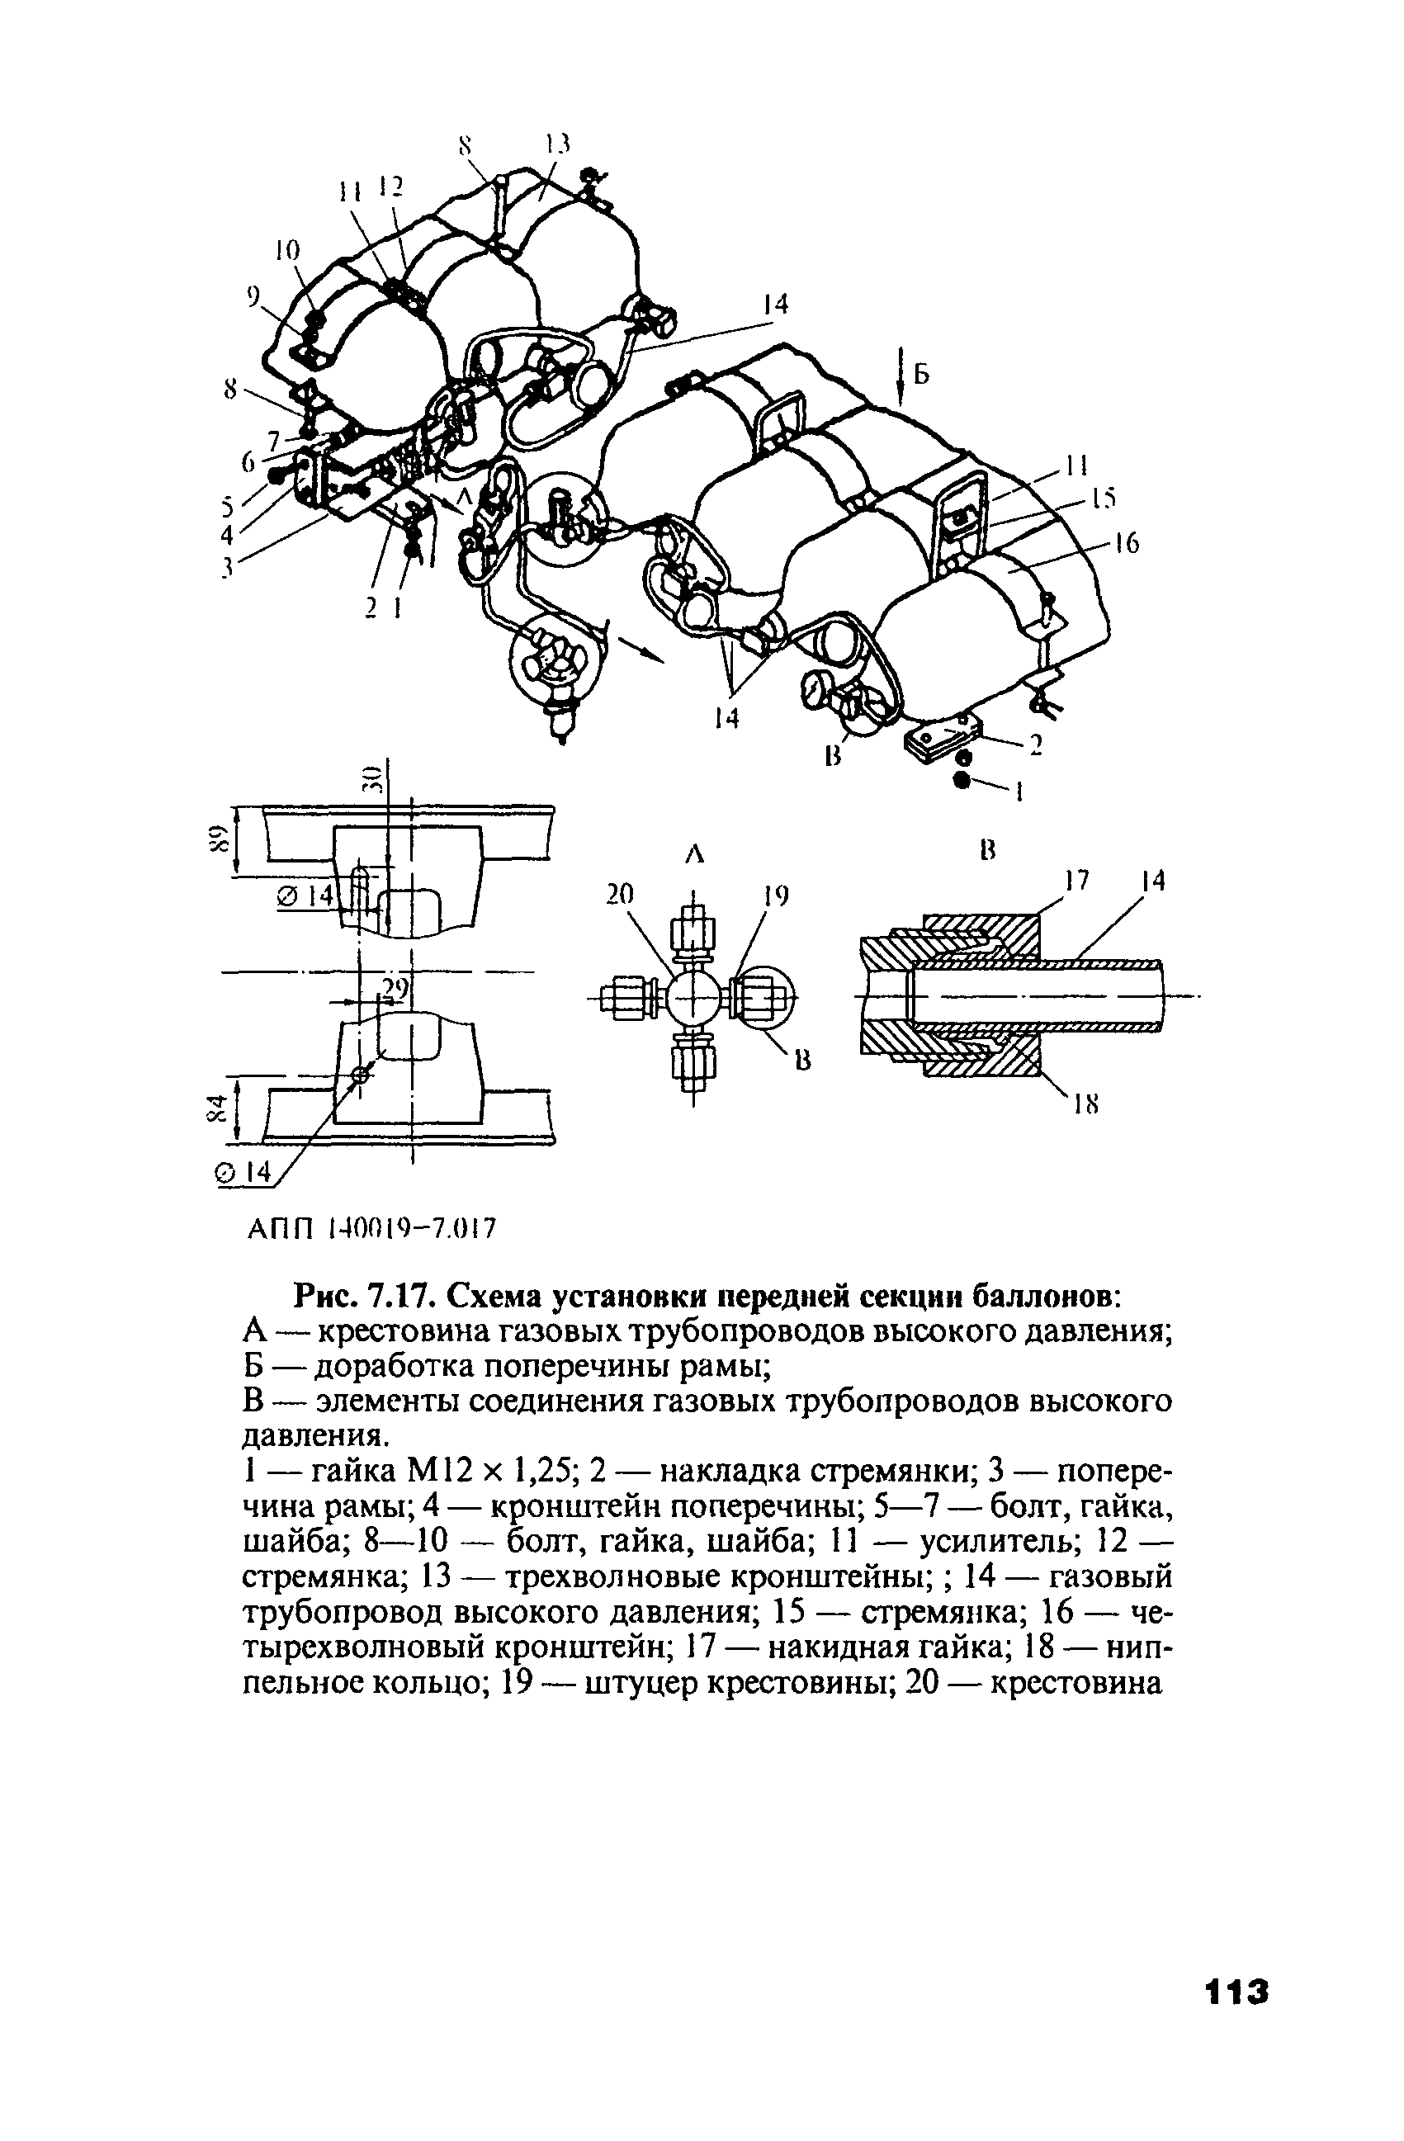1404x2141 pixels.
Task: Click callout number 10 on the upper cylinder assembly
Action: point(288,250)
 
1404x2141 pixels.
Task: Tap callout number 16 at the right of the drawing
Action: point(1126,542)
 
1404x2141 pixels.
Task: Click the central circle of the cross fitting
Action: point(693,997)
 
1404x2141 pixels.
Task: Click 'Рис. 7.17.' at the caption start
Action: point(365,1298)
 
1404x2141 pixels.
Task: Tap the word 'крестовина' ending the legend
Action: point(1076,1683)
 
